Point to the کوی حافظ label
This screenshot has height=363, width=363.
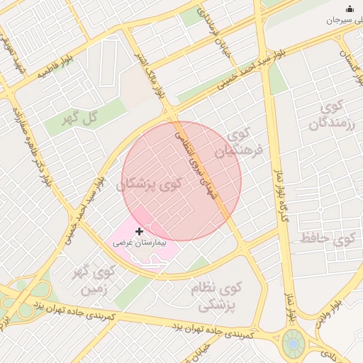click(x=325, y=238)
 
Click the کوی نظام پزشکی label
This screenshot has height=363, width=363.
click(x=216, y=296)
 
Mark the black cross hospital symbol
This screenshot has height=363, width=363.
click(x=139, y=231)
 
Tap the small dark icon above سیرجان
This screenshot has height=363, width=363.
click(x=349, y=9)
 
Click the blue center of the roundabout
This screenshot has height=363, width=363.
click(x=291, y=345)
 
